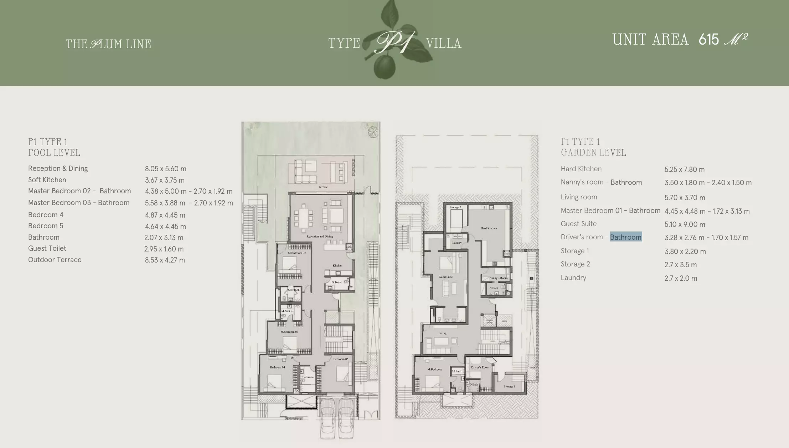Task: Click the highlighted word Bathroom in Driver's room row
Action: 626,237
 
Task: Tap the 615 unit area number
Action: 708,40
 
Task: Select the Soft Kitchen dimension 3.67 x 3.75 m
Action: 165,180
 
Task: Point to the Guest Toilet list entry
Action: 47,248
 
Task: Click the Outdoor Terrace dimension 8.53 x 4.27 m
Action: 165,260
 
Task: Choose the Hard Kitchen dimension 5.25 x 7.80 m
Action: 684,169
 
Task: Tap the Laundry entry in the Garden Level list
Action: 573,278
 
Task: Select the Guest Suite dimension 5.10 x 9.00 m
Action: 684,224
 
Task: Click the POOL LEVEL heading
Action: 54,153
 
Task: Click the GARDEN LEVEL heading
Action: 593,153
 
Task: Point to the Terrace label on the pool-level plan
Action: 323,187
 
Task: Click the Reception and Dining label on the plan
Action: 320,236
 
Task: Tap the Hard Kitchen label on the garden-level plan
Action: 489,228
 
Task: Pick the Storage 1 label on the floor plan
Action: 509,386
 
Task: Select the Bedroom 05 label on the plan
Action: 341,359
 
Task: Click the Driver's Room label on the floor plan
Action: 480,367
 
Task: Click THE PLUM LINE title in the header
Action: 108,44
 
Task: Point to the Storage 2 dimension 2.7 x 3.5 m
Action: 680,265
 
